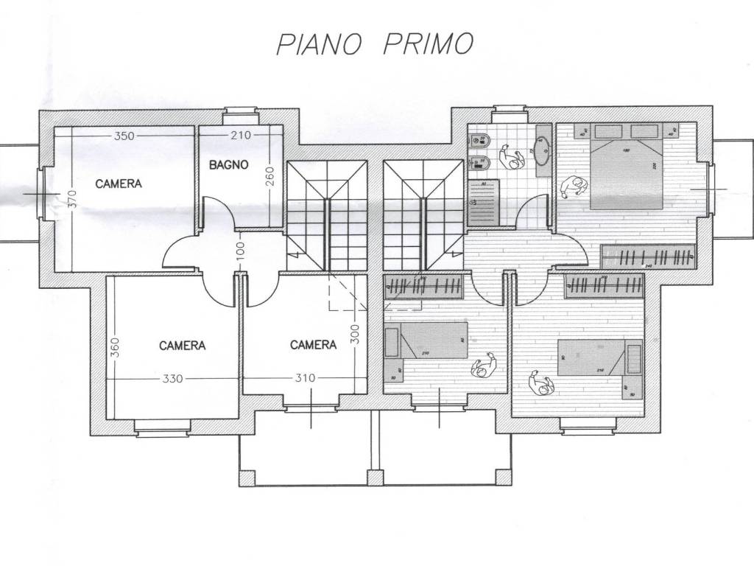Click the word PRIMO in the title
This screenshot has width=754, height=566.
tap(427, 44)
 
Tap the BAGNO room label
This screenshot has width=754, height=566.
tap(228, 165)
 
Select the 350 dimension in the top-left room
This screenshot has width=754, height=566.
tap(124, 136)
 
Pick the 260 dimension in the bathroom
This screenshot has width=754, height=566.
tap(269, 178)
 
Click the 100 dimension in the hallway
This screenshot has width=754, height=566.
tap(240, 251)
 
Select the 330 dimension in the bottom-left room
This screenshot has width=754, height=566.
tap(172, 379)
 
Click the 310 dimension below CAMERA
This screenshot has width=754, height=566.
tap(303, 379)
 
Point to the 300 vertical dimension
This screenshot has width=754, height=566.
tap(354, 335)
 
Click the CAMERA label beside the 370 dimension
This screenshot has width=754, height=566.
tap(119, 184)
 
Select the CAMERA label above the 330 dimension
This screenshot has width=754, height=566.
tap(183, 345)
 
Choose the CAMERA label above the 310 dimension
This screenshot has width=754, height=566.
tap(313, 344)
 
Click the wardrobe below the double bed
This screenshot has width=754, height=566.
tap(648, 256)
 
